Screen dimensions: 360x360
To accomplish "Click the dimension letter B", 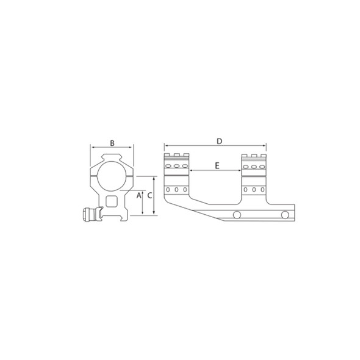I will [112, 143].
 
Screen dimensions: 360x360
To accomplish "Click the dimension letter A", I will [139, 196].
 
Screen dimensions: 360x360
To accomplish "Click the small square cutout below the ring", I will [112, 201].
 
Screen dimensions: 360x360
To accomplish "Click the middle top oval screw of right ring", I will [253, 166].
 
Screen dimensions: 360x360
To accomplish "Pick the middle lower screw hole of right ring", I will [253, 190].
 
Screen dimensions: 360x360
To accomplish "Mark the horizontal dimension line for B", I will [112, 148].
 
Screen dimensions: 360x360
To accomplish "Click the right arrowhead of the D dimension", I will [265, 147].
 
